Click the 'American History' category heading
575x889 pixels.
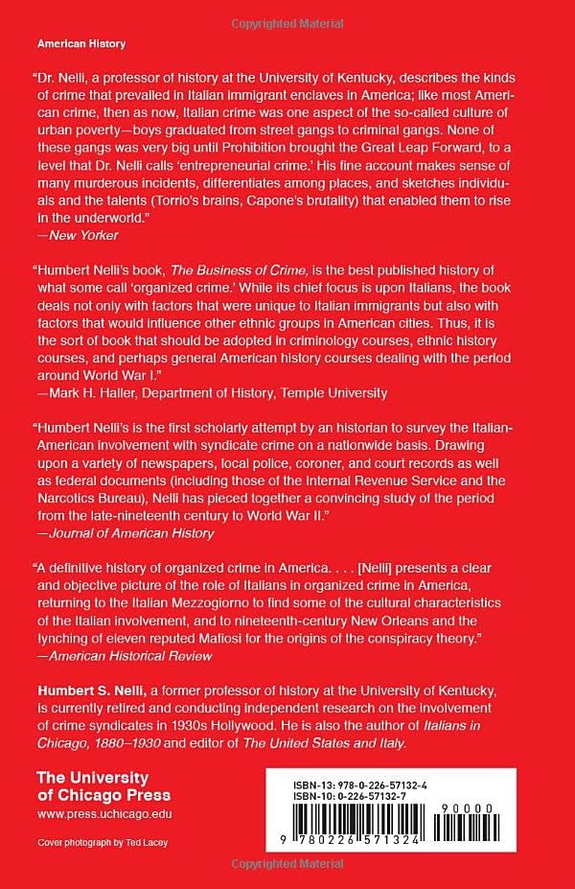[80, 44]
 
